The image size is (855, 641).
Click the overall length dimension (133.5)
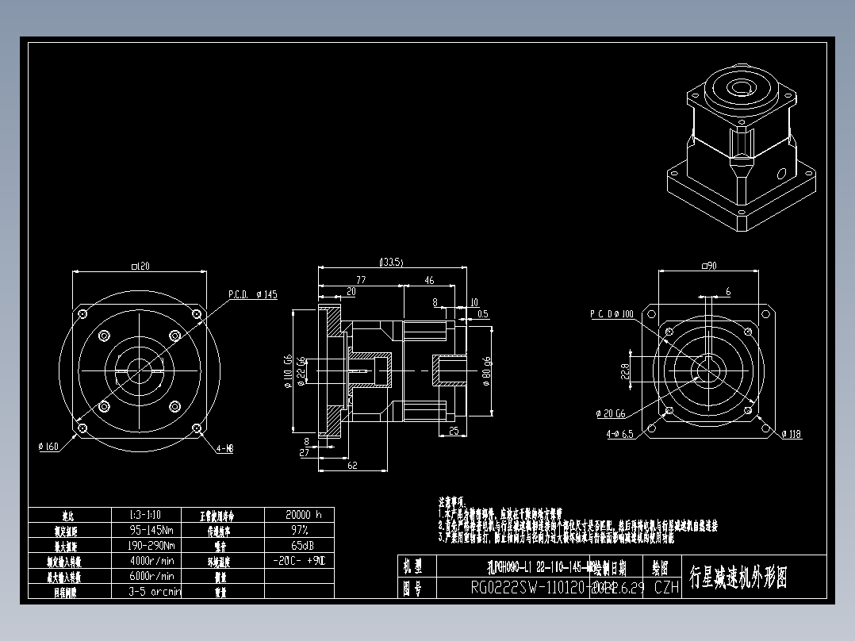click(392, 262)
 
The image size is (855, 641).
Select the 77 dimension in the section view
click(361, 280)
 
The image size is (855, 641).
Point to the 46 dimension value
click(429, 280)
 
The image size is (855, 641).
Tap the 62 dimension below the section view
click(353, 466)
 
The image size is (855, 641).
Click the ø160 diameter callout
click(48, 447)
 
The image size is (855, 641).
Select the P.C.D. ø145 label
click(253, 294)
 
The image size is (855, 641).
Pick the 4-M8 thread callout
click(224, 448)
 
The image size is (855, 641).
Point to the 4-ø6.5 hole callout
click(619, 434)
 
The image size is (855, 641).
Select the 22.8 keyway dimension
click(624, 370)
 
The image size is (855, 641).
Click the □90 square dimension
click(708, 266)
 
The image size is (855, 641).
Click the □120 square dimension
click(139, 266)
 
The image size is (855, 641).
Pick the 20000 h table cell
click(303, 514)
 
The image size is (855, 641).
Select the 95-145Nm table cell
click(151, 530)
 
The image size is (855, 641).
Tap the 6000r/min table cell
click(151, 576)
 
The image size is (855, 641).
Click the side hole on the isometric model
click(782, 173)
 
